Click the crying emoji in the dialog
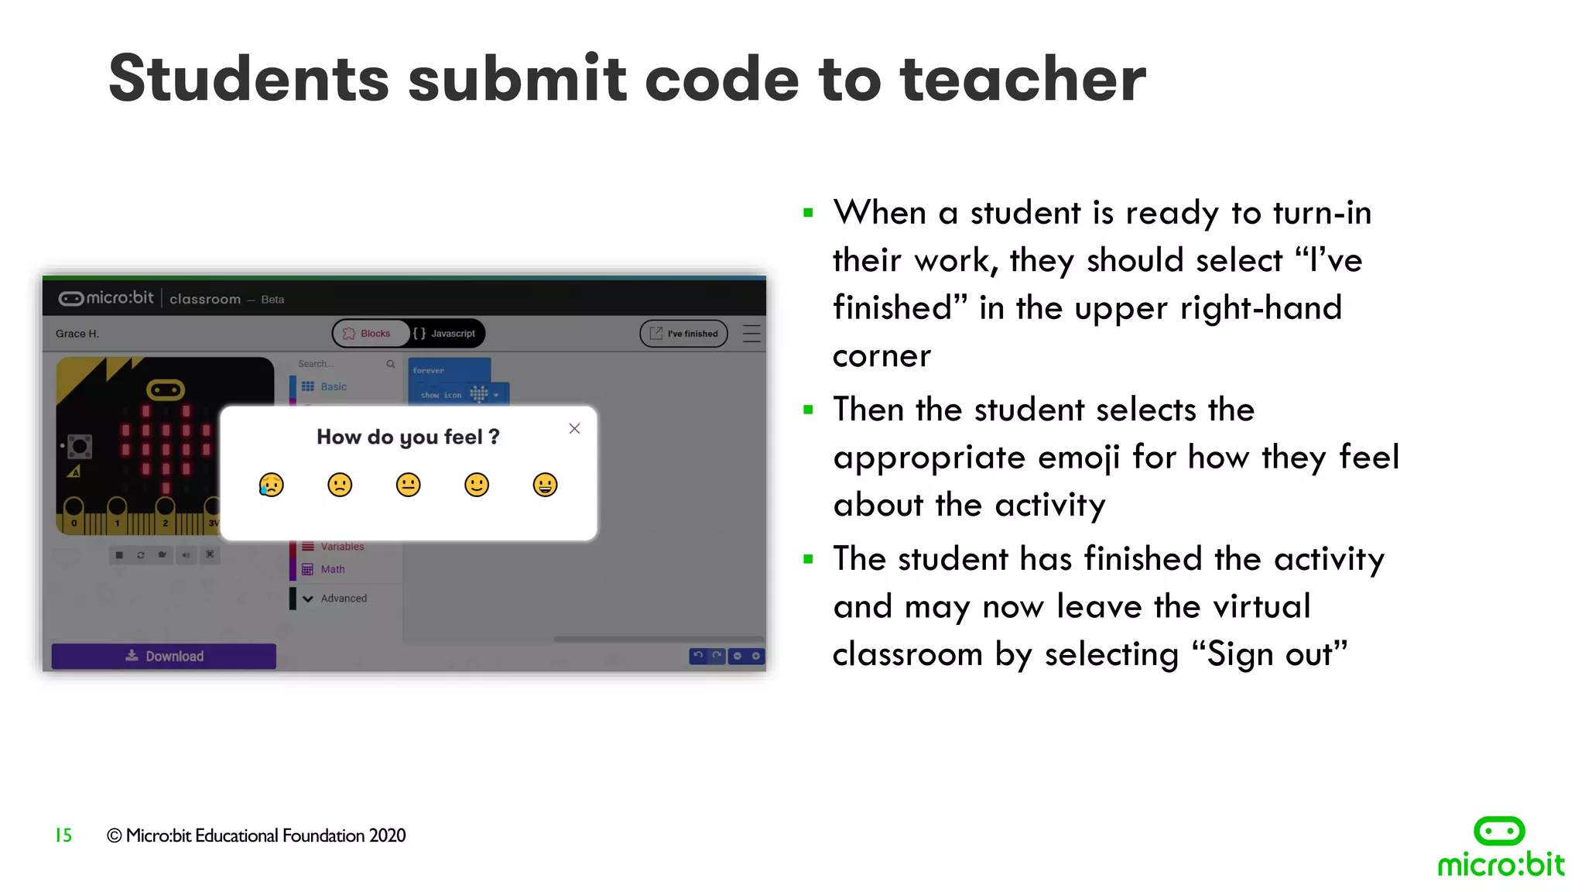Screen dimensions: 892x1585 271,485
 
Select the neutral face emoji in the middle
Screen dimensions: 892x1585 408,485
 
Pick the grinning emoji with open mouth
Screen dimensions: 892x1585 545,485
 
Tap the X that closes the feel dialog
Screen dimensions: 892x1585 574,428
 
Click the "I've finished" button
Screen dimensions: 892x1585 684,334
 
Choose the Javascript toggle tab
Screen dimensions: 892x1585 446,334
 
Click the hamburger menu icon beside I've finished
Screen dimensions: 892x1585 751,334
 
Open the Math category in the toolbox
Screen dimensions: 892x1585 332,569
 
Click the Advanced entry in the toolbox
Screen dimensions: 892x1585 343,599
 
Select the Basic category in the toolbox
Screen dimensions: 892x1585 333,386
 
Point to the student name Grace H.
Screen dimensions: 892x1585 77,334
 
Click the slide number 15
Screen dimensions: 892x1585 63,835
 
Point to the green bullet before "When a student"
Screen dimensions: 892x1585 808,213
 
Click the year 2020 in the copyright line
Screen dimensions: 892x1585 387,835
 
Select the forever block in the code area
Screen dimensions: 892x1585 430,371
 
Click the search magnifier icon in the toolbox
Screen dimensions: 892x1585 391,364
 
